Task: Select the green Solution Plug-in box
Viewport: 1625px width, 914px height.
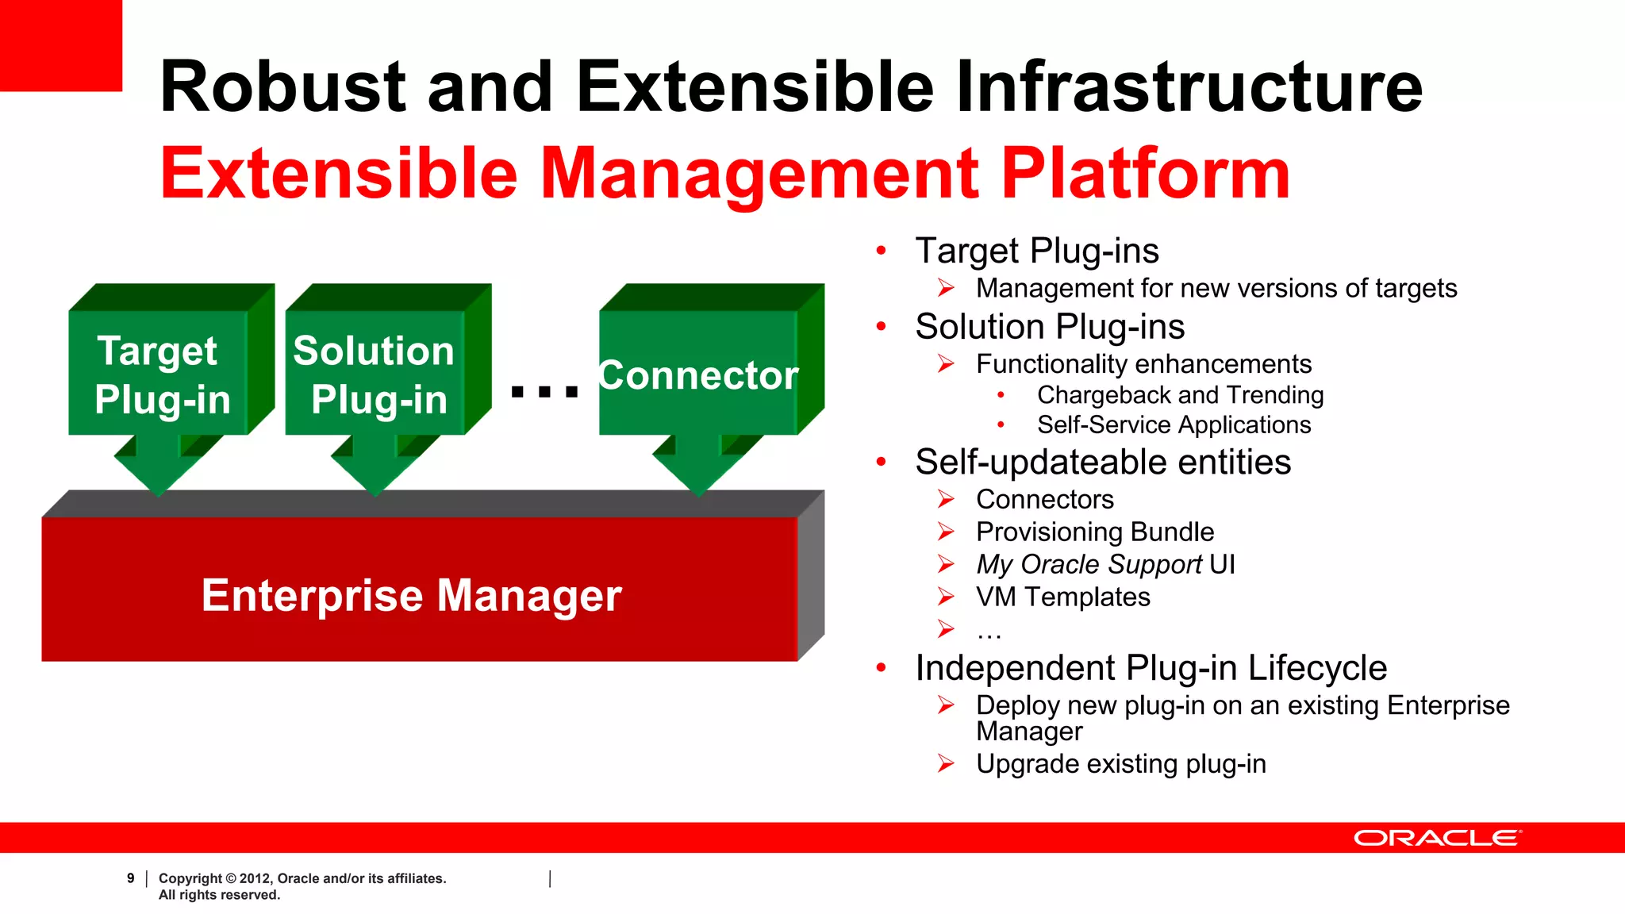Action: coord(375,373)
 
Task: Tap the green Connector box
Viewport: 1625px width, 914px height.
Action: coord(698,373)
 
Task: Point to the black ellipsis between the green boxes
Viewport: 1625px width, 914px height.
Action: coord(544,390)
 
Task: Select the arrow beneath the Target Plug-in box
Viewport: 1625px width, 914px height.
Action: coord(159,468)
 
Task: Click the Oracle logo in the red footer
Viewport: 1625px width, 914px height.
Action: coord(1437,838)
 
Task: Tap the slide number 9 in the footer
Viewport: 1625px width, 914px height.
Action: coord(130,878)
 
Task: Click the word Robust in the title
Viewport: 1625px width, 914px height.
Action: coord(282,87)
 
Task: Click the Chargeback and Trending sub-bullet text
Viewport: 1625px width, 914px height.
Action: coord(1179,395)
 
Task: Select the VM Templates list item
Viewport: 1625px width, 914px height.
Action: coord(1062,597)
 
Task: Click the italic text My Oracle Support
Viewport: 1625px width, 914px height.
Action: coord(1089,564)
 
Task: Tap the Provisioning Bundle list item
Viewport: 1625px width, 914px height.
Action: coord(1094,532)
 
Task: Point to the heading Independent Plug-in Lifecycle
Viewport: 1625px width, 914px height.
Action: coord(1151,668)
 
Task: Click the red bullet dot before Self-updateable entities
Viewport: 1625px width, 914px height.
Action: coord(881,463)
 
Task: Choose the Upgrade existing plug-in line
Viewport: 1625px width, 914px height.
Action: coord(1120,764)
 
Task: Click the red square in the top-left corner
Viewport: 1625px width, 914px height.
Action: coord(60,44)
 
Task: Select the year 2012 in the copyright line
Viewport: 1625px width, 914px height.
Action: coord(254,878)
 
